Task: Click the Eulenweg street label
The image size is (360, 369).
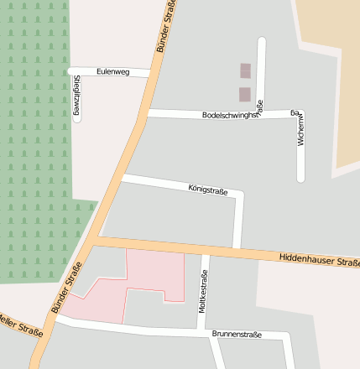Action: point(112,72)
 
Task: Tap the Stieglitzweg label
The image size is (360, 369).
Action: point(77,95)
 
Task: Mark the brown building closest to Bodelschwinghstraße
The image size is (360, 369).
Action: point(244,94)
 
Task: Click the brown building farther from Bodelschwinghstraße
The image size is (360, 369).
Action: point(245,70)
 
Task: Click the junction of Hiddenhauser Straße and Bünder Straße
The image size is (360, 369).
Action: point(95,242)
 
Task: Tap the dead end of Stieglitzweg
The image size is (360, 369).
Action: point(77,119)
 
